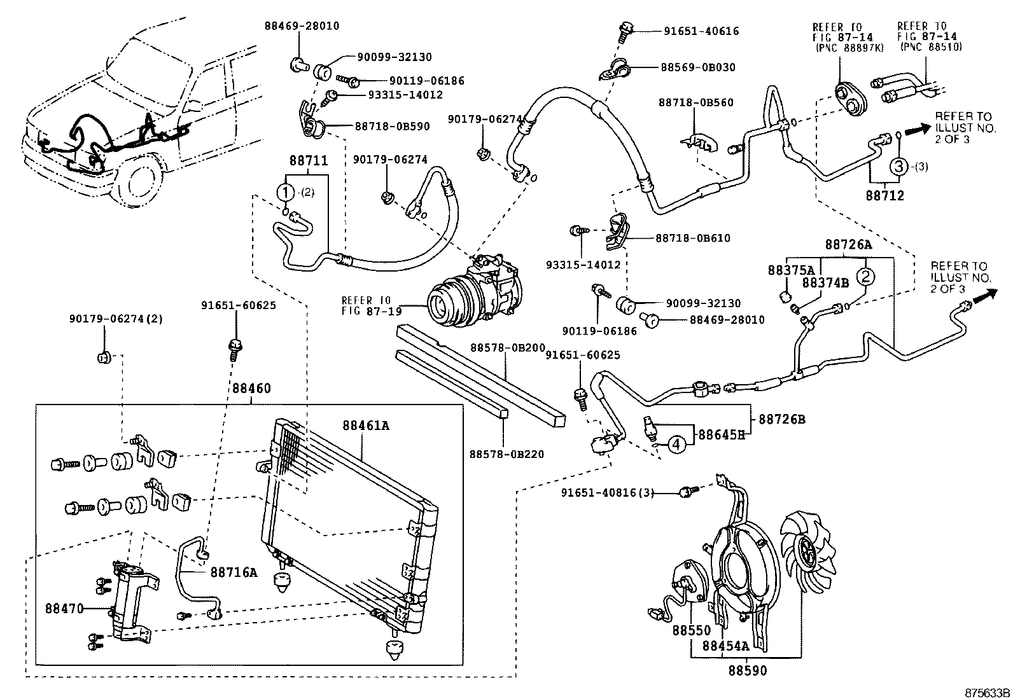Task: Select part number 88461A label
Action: (x=365, y=426)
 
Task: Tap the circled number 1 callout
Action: (x=286, y=191)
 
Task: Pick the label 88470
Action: (x=64, y=608)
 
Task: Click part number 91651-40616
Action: (x=701, y=31)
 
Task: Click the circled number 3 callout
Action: (x=898, y=167)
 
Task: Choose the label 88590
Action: (x=748, y=670)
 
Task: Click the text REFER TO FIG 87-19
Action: (x=365, y=305)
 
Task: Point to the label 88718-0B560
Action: (x=695, y=102)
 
